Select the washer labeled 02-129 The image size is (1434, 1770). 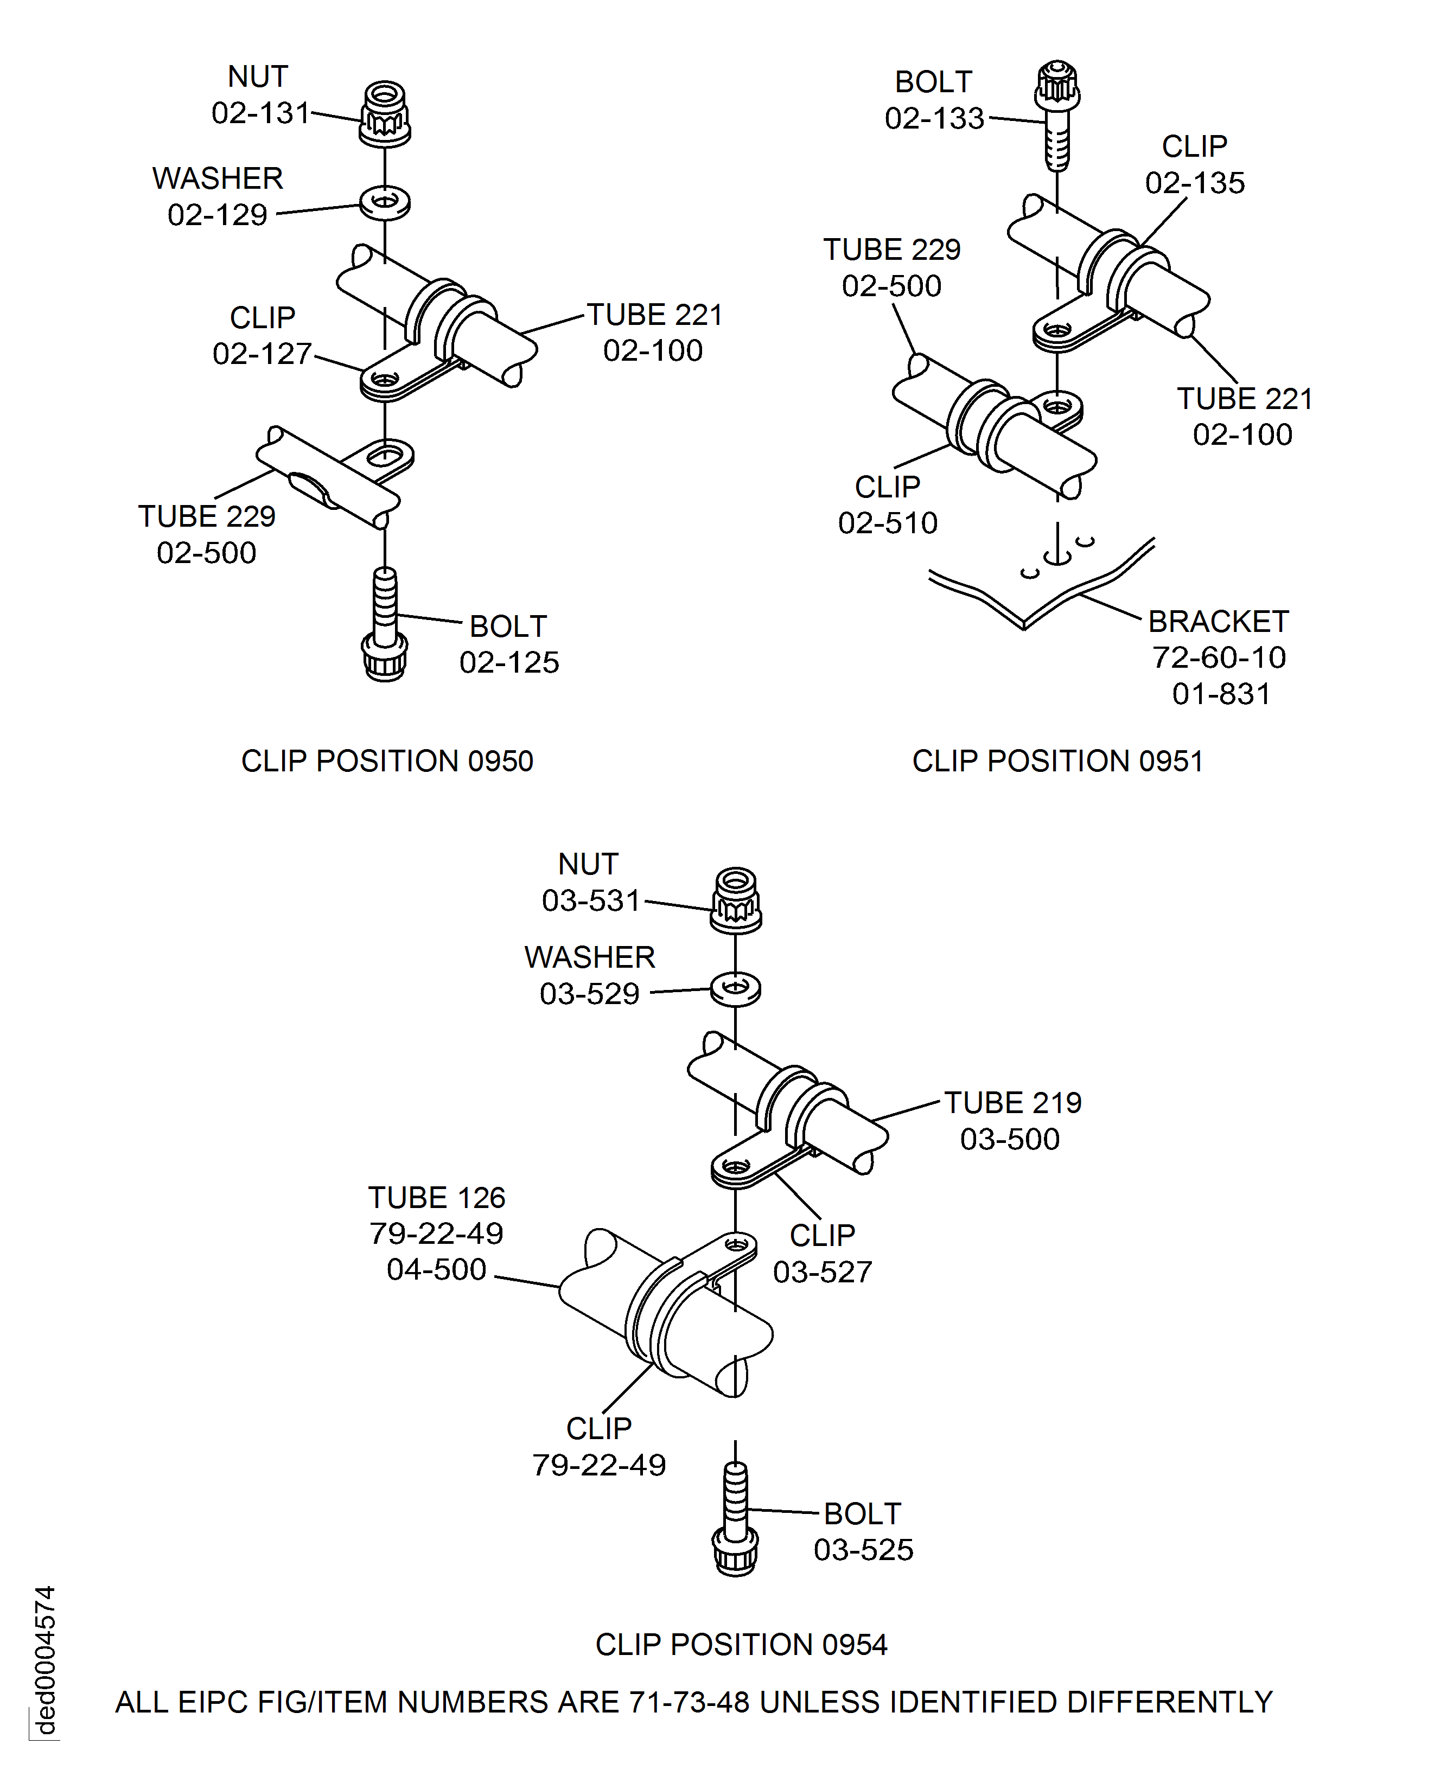pos(385,202)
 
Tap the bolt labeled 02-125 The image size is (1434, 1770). pos(385,624)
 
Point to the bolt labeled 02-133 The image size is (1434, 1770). pos(1057,114)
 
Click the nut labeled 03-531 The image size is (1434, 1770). pos(736,900)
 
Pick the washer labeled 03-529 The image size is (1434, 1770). pos(736,989)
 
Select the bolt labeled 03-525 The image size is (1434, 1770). pos(735,1520)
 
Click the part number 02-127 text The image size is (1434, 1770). pos(262,354)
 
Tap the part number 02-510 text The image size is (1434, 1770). pos(888,523)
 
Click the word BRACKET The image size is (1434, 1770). pos(1219,621)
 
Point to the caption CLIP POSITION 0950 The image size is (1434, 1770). pos(387,761)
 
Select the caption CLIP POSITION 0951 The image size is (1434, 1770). pos(1057,761)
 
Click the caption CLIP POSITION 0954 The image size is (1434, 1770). pos(741,1645)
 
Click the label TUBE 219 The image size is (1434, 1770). pos(1013,1103)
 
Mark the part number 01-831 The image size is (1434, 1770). pos(1221,694)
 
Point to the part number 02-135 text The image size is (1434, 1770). pos(1194,183)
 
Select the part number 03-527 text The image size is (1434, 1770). pos(823,1272)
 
